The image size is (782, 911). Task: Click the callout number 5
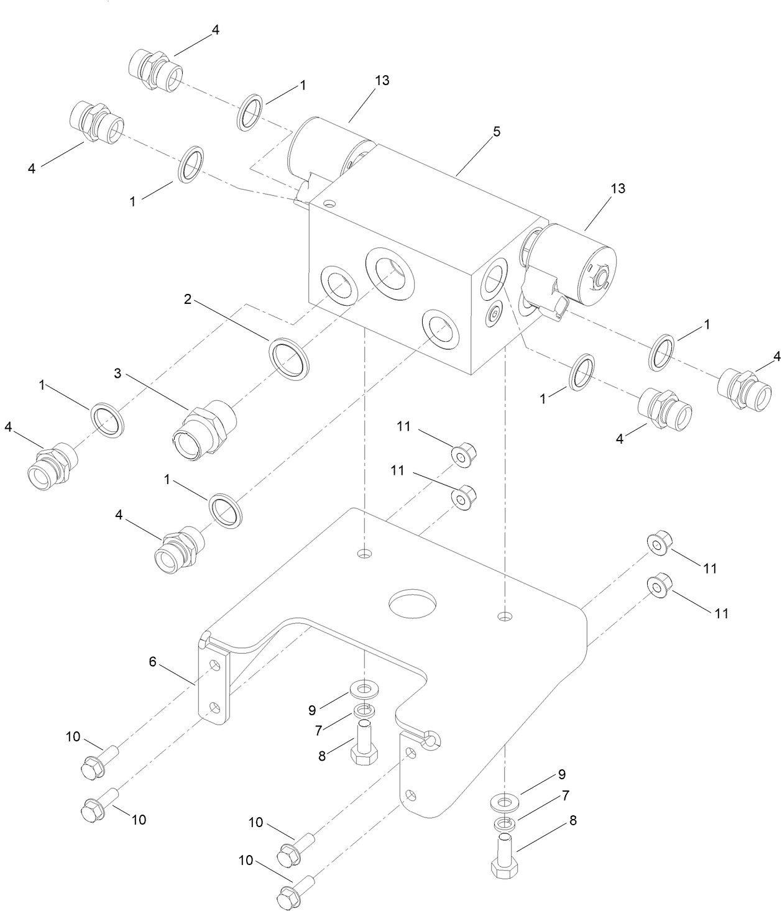click(x=496, y=132)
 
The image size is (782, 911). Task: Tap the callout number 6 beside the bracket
click(x=152, y=662)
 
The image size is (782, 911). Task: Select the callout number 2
click(x=187, y=300)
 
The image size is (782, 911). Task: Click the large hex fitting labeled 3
click(x=201, y=429)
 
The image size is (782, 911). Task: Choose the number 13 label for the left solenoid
click(x=382, y=81)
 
